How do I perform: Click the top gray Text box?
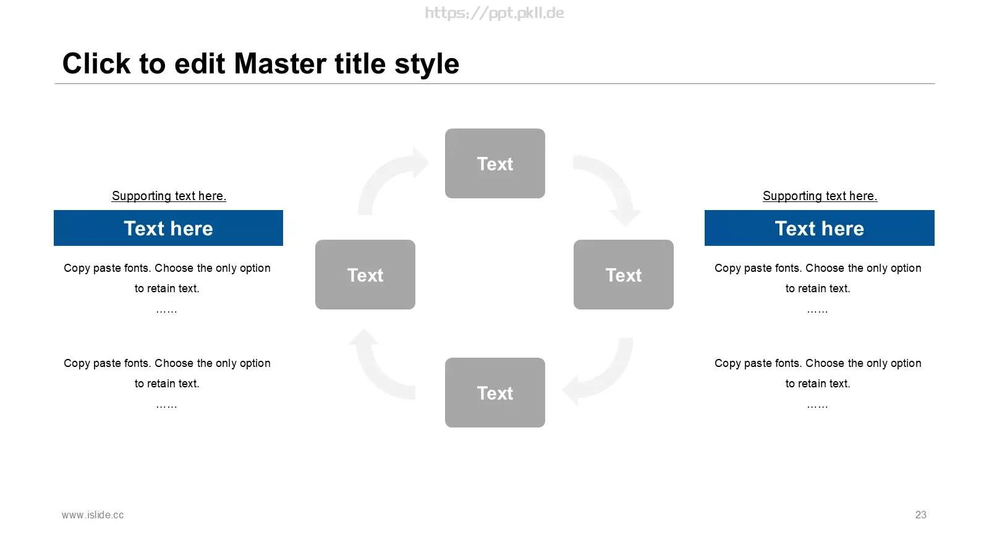[x=495, y=163]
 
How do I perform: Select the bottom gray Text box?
[x=495, y=392]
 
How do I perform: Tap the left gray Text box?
[x=365, y=274]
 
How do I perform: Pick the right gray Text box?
[x=624, y=274]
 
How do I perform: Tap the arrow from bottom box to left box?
[x=375, y=375]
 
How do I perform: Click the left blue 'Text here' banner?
[x=168, y=228]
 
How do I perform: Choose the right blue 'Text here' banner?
[x=820, y=228]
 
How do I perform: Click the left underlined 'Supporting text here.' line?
[x=169, y=196]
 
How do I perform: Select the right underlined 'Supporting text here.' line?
[x=820, y=196]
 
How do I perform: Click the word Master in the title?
[x=281, y=64]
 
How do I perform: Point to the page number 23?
[x=920, y=515]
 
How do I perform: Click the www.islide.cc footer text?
[x=93, y=515]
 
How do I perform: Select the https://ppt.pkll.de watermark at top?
[x=494, y=13]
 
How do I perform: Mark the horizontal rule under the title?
[x=494, y=83]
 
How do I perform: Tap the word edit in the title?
[x=200, y=64]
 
